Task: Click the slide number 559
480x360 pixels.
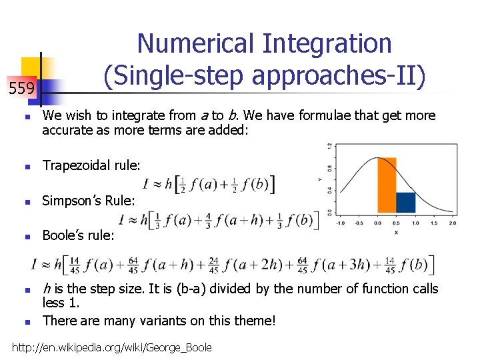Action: click(x=21, y=88)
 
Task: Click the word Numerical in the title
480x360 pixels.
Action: click(x=197, y=44)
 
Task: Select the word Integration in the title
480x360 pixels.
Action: click(x=327, y=44)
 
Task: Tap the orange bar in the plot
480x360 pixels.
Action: click(x=387, y=185)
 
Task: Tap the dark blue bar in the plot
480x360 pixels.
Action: click(x=405, y=203)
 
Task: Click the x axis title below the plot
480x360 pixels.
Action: click(x=397, y=231)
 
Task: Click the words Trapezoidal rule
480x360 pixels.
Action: click(x=91, y=165)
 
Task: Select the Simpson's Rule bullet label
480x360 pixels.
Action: click(x=89, y=201)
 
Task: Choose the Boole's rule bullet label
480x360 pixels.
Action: click(x=78, y=235)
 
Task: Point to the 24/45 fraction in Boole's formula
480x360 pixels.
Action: click(x=213, y=265)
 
